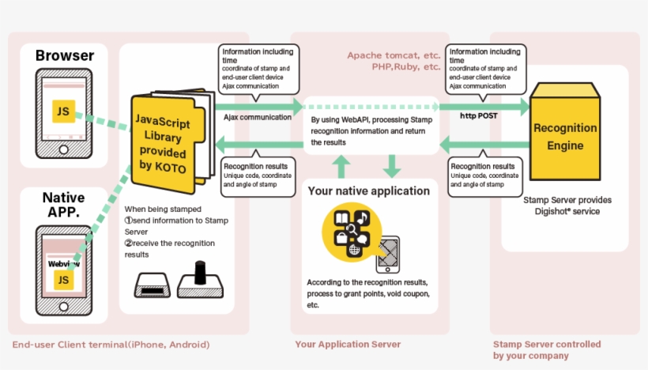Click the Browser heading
(x=65, y=55)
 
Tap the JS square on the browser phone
(x=63, y=111)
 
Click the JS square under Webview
(x=63, y=279)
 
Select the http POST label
(x=479, y=115)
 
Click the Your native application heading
(x=368, y=191)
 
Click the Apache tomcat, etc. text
(x=394, y=55)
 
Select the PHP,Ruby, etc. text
(x=405, y=67)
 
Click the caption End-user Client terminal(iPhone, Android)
(x=111, y=345)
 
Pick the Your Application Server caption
(x=348, y=345)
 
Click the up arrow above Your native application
(x=341, y=164)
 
